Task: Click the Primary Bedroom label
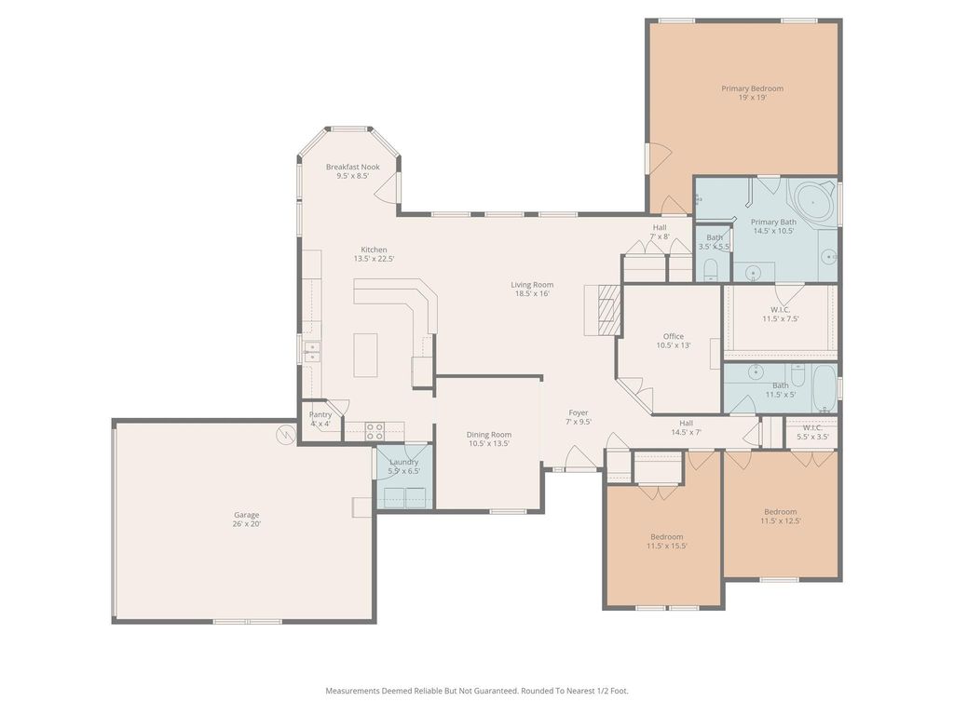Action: coord(752,92)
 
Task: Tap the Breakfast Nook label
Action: coord(353,171)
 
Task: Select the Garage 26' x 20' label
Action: coord(246,519)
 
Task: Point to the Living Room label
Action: coord(532,289)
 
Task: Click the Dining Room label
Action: coord(488,439)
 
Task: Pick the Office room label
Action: coord(673,341)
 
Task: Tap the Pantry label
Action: coord(320,419)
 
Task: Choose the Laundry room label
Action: coord(404,466)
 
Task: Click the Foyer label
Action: coord(579,417)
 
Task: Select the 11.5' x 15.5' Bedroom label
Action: coord(667,541)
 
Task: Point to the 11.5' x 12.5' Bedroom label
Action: coord(781,516)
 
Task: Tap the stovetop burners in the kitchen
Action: coord(375,432)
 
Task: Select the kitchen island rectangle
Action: coord(365,355)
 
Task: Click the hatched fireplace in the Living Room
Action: coord(609,310)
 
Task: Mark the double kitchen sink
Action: coord(312,351)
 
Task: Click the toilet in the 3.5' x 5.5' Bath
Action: coord(711,269)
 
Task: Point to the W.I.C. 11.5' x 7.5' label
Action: coord(781,314)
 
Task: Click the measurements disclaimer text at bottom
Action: coord(477,691)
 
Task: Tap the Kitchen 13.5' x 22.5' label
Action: coord(375,254)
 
